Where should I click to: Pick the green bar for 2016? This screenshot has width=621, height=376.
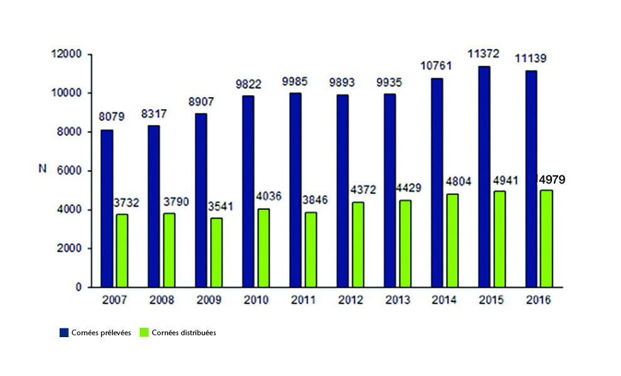tap(546, 238)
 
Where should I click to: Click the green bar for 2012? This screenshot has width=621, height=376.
tap(357, 244)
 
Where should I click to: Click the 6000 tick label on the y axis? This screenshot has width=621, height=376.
tap(72, 171)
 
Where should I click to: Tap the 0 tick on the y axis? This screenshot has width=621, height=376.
tap(79, 288)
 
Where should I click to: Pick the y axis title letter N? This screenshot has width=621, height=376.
tap(41, 169)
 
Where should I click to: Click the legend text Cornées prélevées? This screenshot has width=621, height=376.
tap(101, 333)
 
